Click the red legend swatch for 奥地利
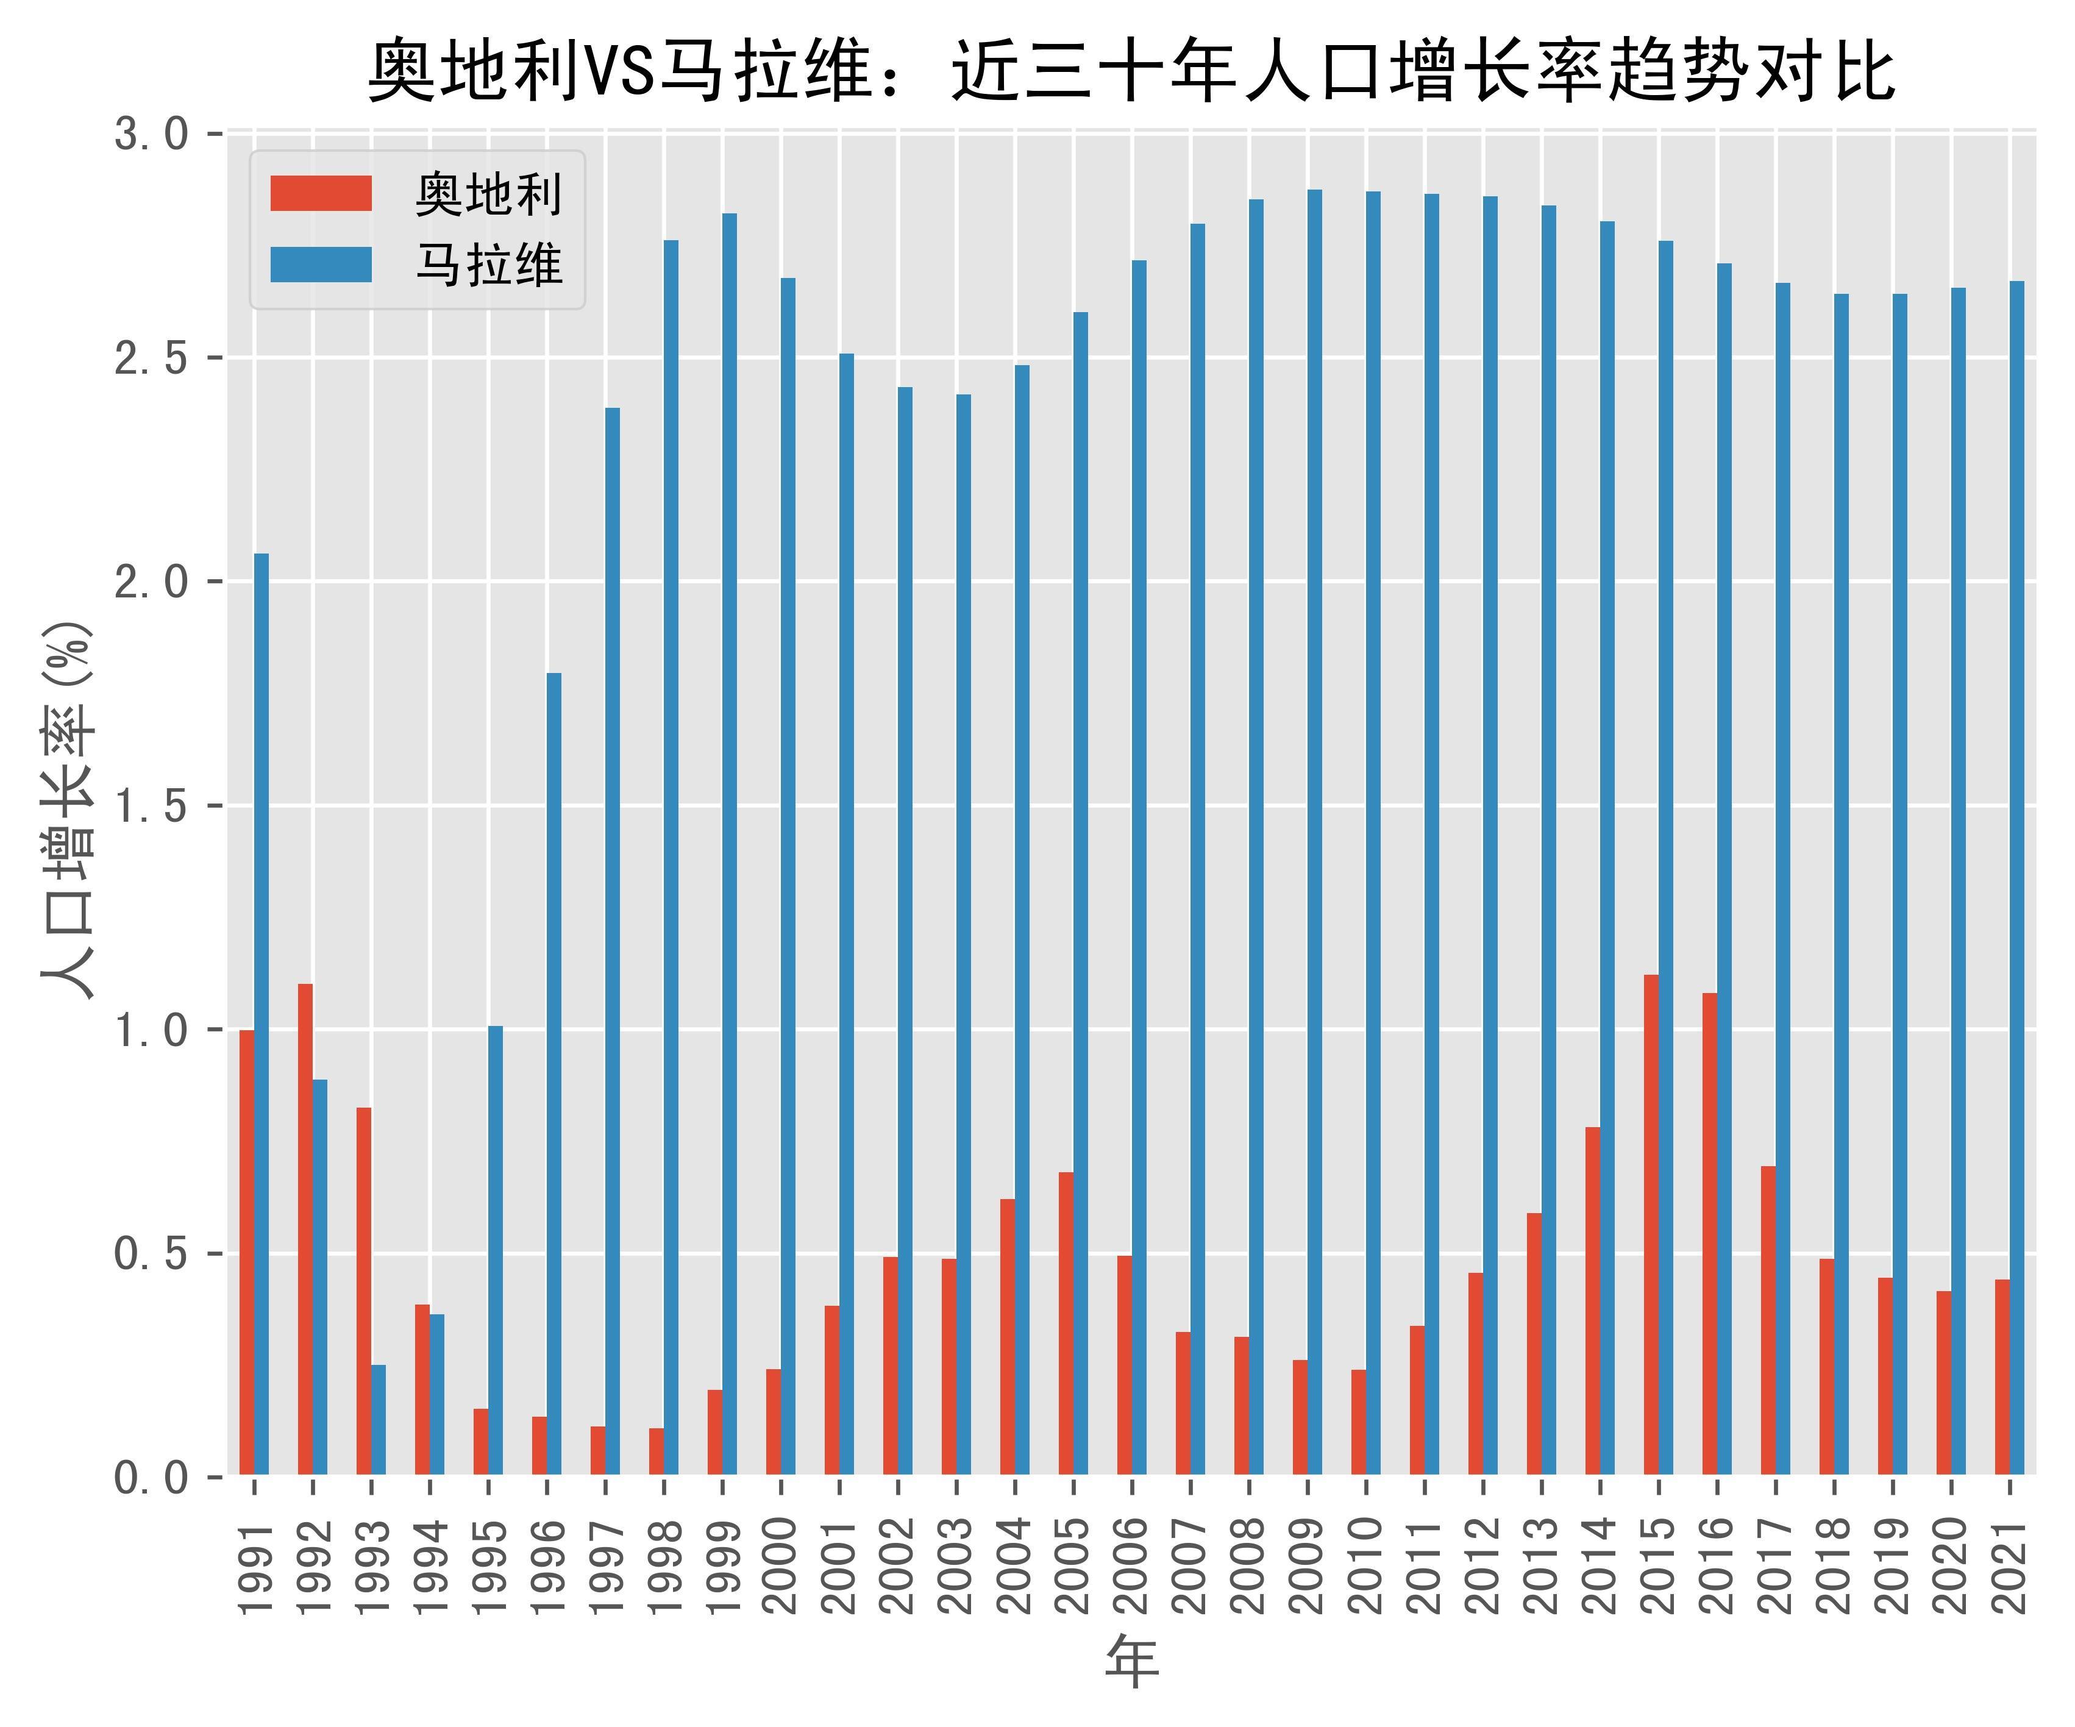pos(321,194)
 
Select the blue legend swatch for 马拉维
pos(321,265)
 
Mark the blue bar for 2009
pos(1315,832)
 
